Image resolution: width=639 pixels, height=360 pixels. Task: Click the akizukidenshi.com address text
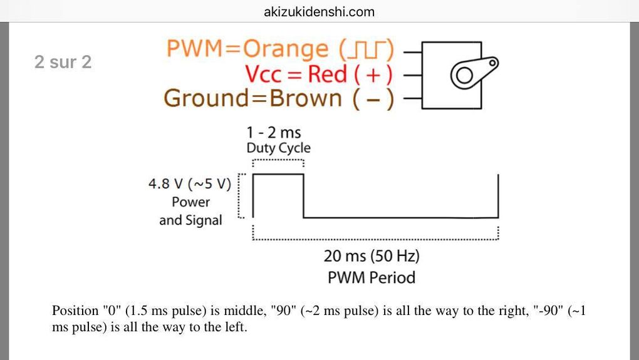pyautogui.click(x=319, y=12)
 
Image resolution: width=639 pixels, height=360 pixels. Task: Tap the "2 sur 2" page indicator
pyautogui.click(x=63, y=62)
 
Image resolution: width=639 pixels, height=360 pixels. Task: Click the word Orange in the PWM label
pyautogui.click(x=285, y=49)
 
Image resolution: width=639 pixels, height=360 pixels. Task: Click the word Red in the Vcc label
pyautogui.click(x=327, y=75)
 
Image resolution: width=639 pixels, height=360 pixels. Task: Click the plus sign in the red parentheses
pyautogui.click(x=374, y=75)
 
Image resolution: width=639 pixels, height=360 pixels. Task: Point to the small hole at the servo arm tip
pyautogui.click(x=493, y=62)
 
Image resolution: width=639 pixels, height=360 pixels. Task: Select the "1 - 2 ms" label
pyautogui.click(x=273, y=133)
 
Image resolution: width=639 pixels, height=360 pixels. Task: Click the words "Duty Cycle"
pyautogui.click(x=278, y=148)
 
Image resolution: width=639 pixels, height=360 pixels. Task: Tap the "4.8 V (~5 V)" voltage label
pyautogui.click(x=190, y=185)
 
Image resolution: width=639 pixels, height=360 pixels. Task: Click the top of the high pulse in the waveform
pyautogui.click(x=278, y=175)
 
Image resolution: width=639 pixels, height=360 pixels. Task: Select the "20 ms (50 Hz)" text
pyautogui.click(x=371, y=256)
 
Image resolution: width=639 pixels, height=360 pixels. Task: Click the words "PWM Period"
pyautogui.click(x=371, y=277)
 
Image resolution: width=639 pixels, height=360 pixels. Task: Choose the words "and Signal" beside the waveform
pyautogui.click(x=190, y=220)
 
